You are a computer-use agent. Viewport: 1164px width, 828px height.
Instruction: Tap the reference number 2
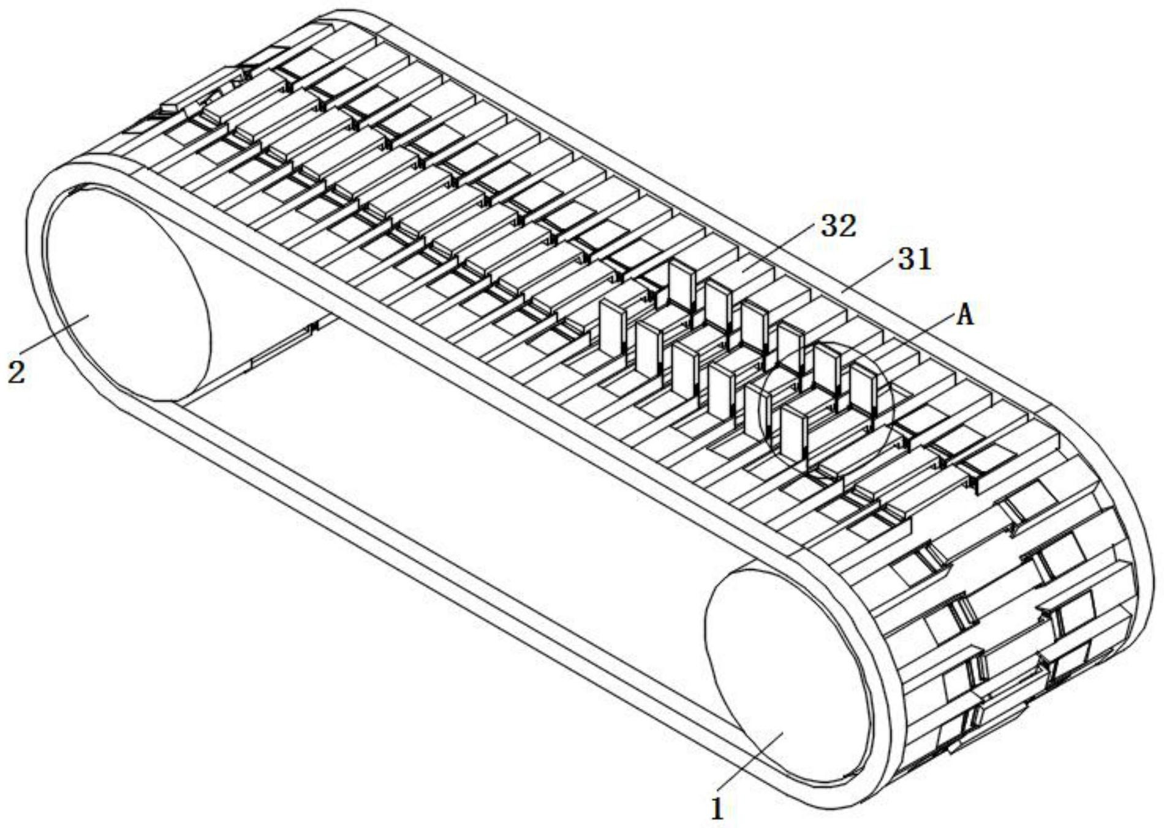click(x=17, y=371)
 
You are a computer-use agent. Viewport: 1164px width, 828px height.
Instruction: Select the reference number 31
click(x=915, y=260)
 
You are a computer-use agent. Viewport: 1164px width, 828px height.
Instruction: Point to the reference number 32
click(x=838, y=227)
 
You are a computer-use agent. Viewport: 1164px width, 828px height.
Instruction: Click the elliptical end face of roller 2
click(x=127, y=295)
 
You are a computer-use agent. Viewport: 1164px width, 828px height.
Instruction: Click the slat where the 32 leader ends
click(x=744, y=270)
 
